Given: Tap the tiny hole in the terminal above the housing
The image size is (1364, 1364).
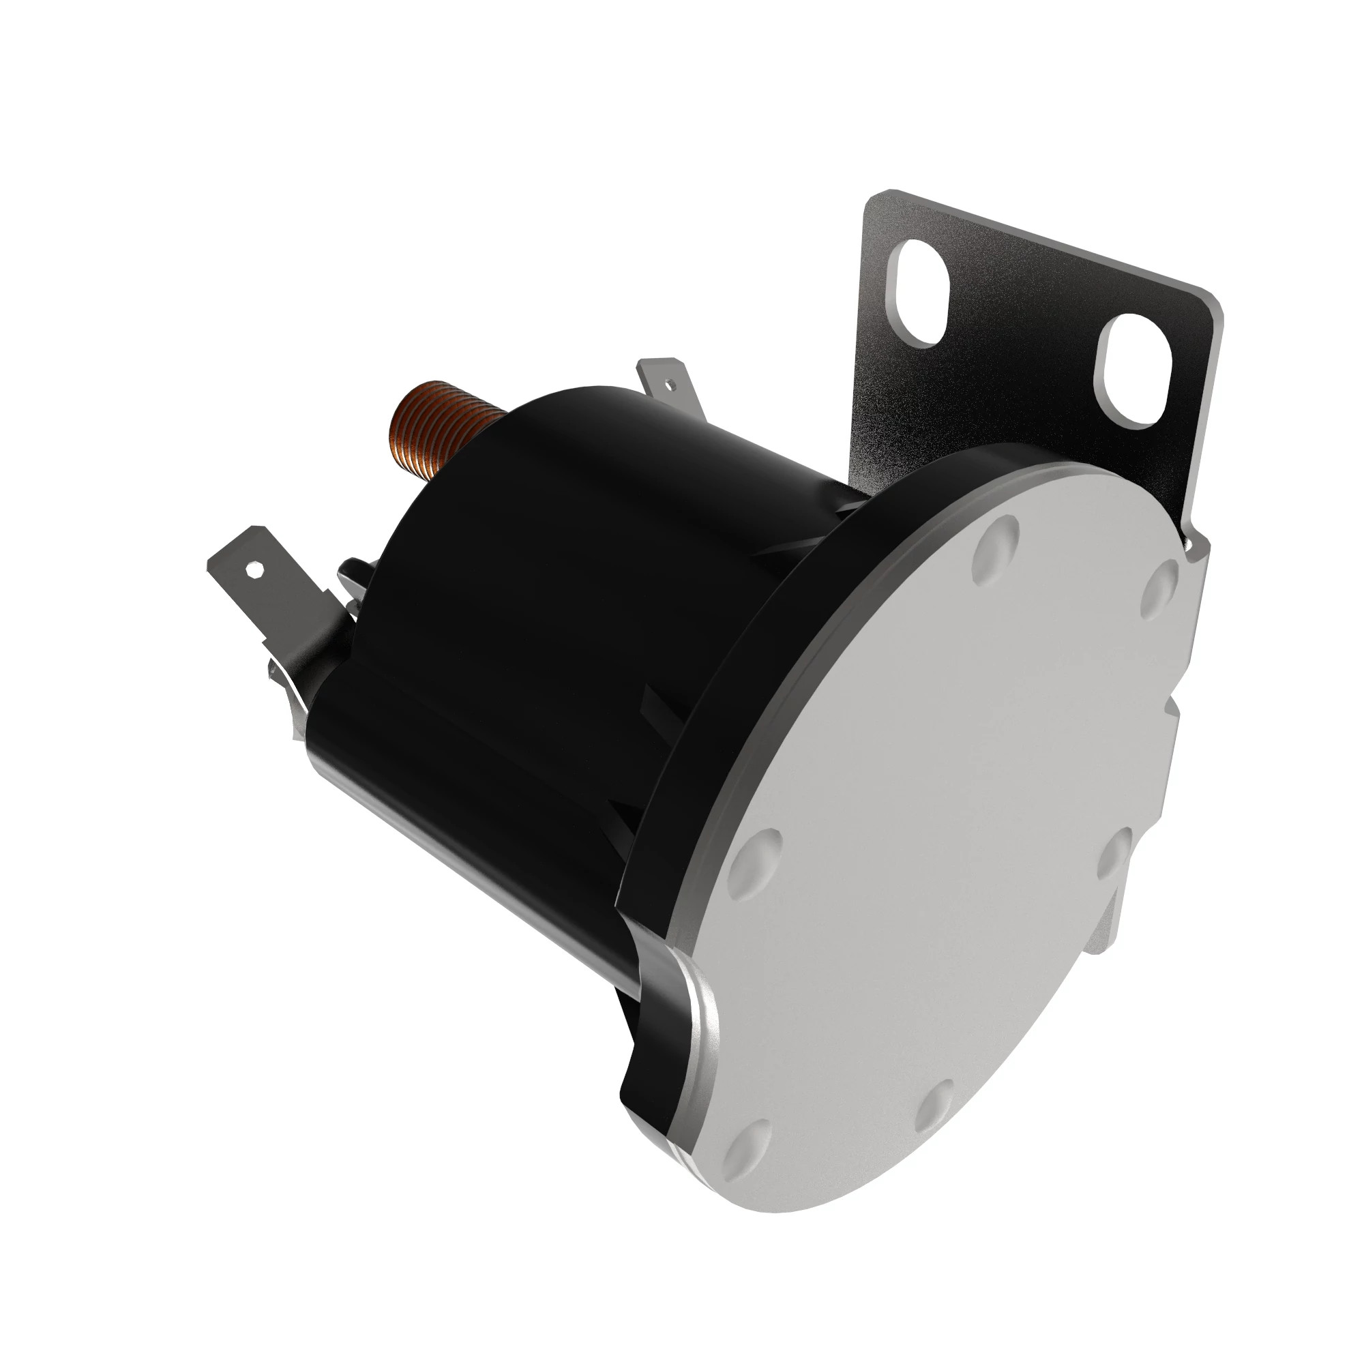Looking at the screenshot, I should (670, 385).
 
